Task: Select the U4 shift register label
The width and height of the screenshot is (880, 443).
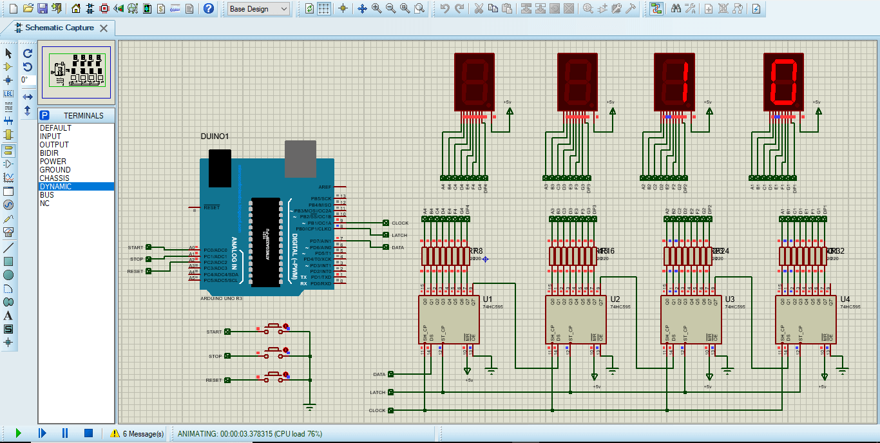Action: (x=845, y=299)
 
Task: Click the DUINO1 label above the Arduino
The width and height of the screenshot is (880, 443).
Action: (x=215, y=137)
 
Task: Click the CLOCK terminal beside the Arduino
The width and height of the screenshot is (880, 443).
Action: (x=386, y=223)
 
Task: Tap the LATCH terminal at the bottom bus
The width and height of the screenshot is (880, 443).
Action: (x=390, y=392)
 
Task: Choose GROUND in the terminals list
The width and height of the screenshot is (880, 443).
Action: (x=55, y=170)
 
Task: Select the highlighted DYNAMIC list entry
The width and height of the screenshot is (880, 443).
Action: (x=55, y=187)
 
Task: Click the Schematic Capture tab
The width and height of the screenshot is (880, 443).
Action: (x=59, y=28)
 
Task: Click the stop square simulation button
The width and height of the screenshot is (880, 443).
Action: (x=89, y=433)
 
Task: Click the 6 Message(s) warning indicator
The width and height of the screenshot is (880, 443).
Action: (x=137, y=433)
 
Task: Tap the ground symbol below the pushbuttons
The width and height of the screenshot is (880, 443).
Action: (x=310, y=407)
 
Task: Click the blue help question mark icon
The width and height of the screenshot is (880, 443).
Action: (x=209, y=8)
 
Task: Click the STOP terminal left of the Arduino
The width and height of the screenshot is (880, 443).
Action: (x=148, y=259)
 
